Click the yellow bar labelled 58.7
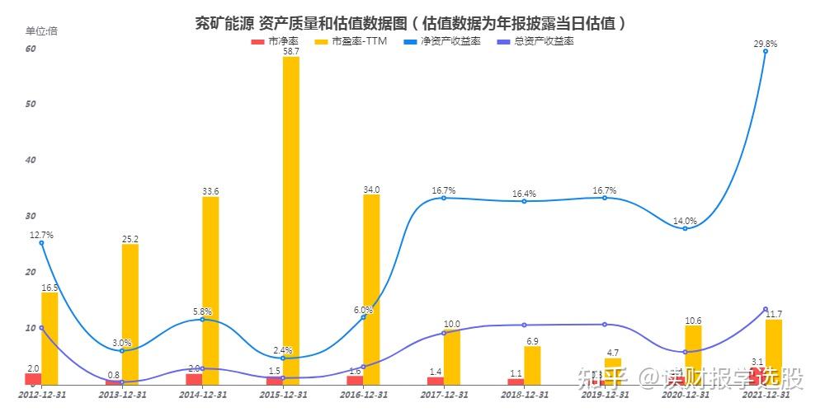(x=290, y=220)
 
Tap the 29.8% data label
(x=765, y=44)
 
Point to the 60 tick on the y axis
(x=31, y=49)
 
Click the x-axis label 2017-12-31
(x=444, y=396)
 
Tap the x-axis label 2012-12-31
(x=41, y=396)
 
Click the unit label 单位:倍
(x=41, y=30)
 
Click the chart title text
(x=409, y=23)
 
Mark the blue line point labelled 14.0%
(x=685, y=228)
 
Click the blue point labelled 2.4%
(x=282, y=358)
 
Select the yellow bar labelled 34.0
(x=371, y=289)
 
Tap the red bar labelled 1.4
(x=435, y=380)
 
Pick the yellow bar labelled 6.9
(x=532, y=365)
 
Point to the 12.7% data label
(x=41, y=235)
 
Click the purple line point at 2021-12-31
(x=766, y=309)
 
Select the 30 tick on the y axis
(x=31, y=216)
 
